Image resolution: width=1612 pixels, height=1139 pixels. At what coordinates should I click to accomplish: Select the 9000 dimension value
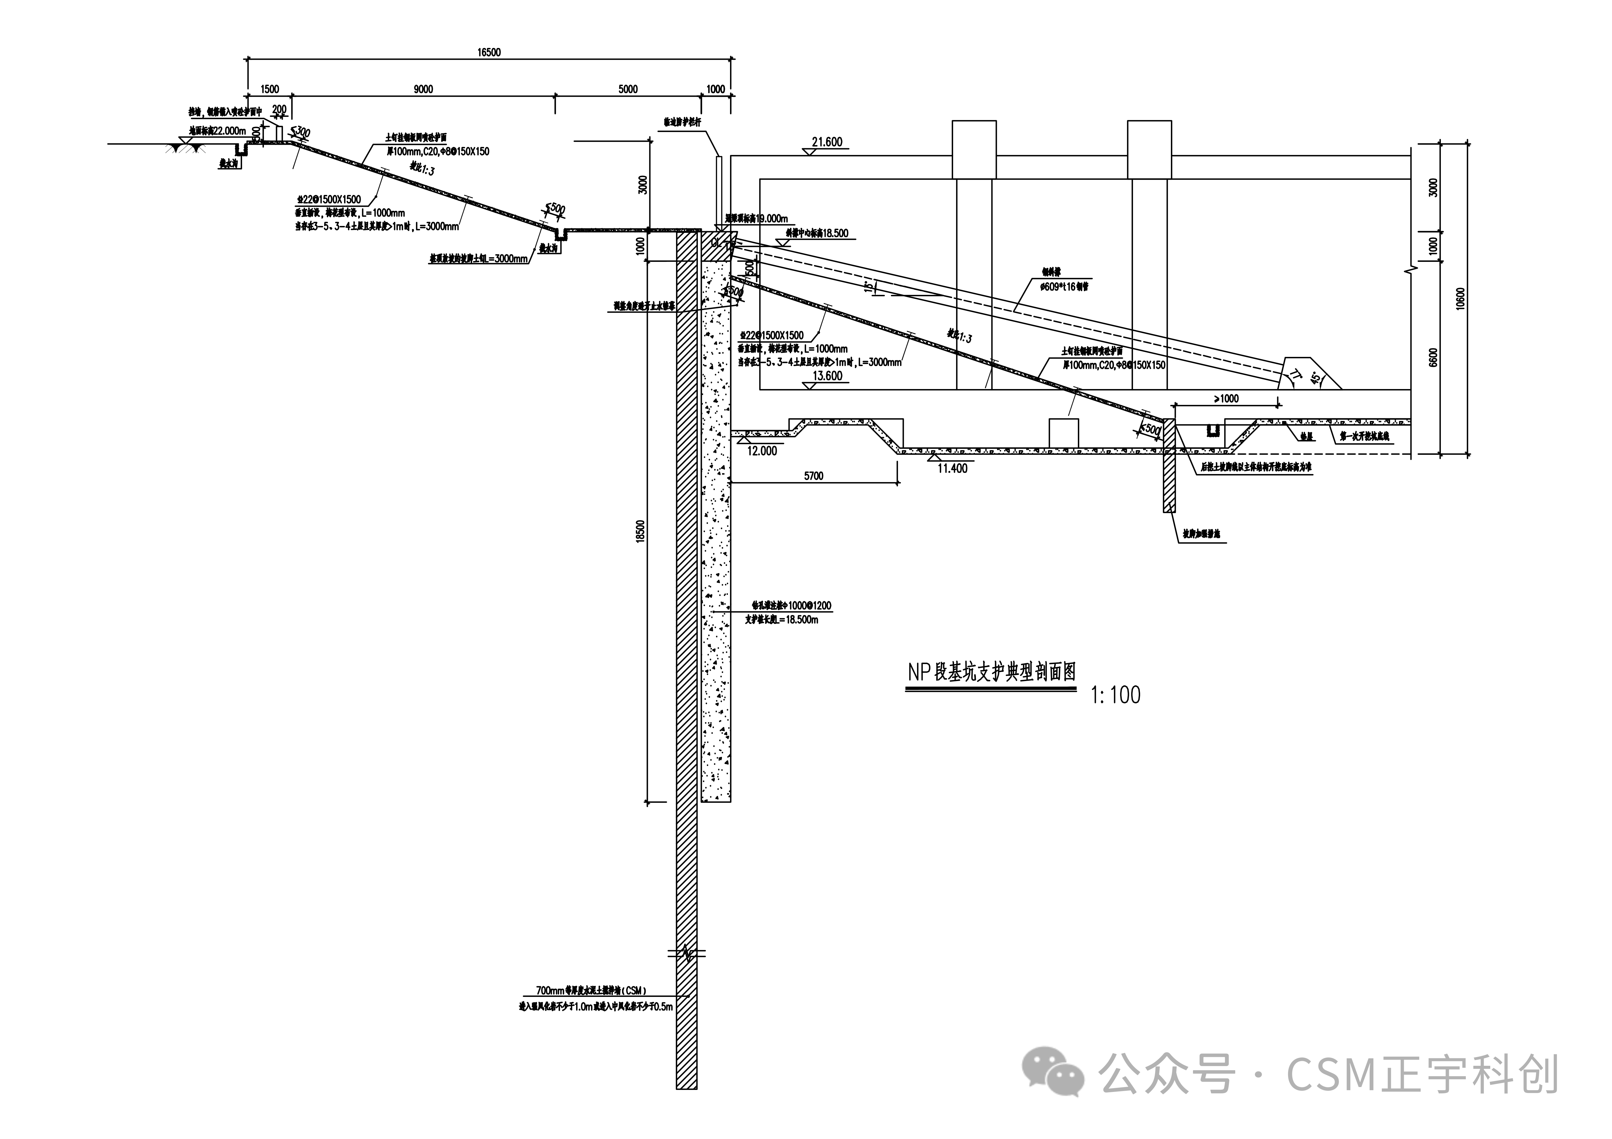423,89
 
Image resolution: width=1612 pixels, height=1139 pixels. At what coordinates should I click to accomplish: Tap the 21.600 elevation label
827,142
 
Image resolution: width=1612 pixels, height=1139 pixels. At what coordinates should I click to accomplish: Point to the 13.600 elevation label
827,376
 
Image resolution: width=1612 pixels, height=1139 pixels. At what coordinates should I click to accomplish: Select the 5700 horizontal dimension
814,476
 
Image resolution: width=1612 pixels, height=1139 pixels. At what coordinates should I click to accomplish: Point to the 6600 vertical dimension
1433,357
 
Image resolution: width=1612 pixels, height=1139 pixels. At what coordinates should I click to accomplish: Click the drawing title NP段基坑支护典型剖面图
991,672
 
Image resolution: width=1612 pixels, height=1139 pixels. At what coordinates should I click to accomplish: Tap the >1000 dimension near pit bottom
1226,399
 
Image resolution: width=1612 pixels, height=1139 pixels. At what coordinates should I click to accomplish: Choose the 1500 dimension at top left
270,89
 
